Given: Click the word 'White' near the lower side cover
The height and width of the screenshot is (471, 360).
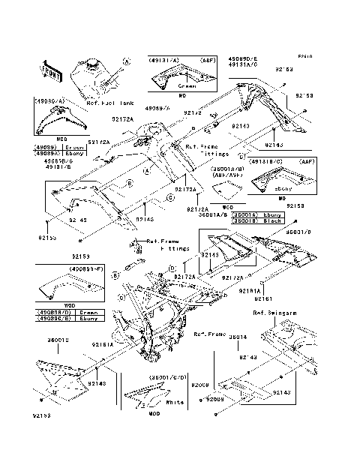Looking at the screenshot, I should point(174,403).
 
